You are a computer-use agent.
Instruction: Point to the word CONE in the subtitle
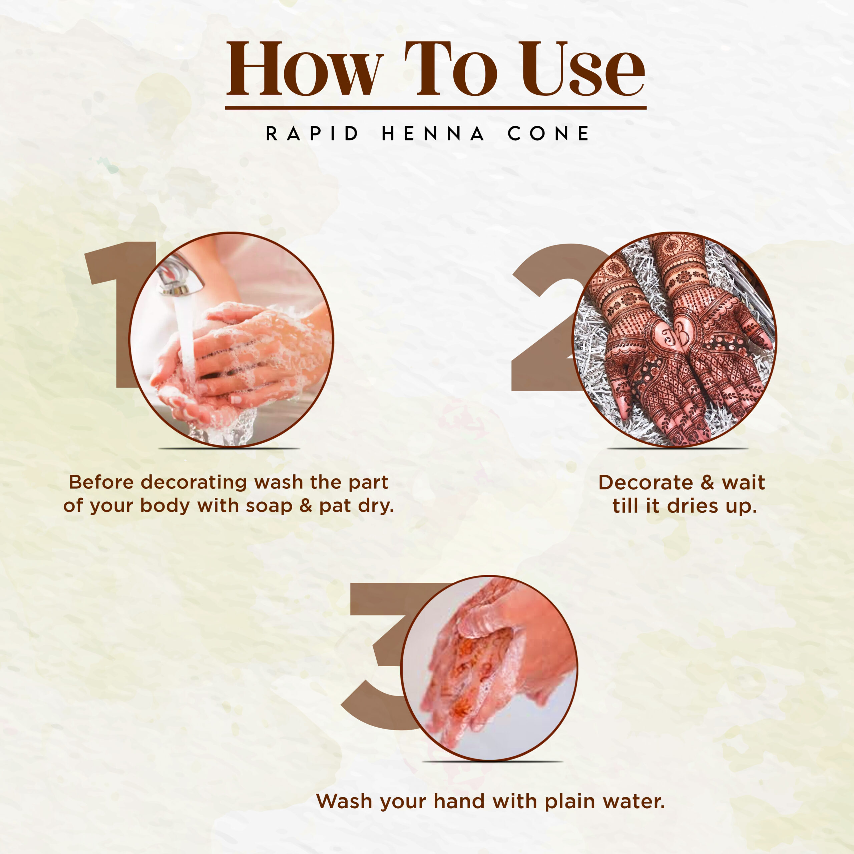[548, 133]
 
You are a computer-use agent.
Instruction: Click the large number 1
[116, 314]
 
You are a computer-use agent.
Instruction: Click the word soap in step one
[269, 506]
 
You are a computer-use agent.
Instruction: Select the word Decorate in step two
[646, 483]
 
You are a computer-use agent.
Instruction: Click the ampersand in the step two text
[707, 483]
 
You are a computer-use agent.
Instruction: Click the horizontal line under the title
[436, 107]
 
